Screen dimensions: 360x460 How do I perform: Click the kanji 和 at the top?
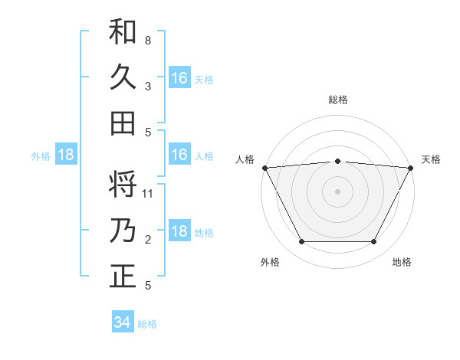[x=123, y=31]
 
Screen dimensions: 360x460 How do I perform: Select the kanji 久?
[x=123, y=77]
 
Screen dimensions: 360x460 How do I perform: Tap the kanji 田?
[x=123, y=123]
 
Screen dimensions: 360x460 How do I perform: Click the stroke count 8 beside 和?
[x=147, y=40]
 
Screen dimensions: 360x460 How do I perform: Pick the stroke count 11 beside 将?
[x=148, y=194]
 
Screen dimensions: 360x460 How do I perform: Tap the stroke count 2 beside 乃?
[x=147, y=240]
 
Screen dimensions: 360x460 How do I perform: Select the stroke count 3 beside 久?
[x=147, y=86]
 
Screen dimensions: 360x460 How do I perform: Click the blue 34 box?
[x=122, y=322]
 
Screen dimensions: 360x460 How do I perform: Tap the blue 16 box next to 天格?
[x=179, y=77]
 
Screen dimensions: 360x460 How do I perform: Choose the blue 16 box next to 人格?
[x=179, y=155]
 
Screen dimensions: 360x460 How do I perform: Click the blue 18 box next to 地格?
[x=179, y=231]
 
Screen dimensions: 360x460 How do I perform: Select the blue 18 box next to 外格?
[x=66, y=155]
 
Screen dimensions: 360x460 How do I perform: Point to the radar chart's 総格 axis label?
[x=337, y=100]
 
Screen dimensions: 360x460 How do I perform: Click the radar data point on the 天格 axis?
[x=410, y=167]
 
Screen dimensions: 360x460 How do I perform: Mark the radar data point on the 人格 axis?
[x=264, y=167]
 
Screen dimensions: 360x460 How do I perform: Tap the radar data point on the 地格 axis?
[x=373, y=242]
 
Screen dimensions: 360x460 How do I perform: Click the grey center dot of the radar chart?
[x=337, y=191]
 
